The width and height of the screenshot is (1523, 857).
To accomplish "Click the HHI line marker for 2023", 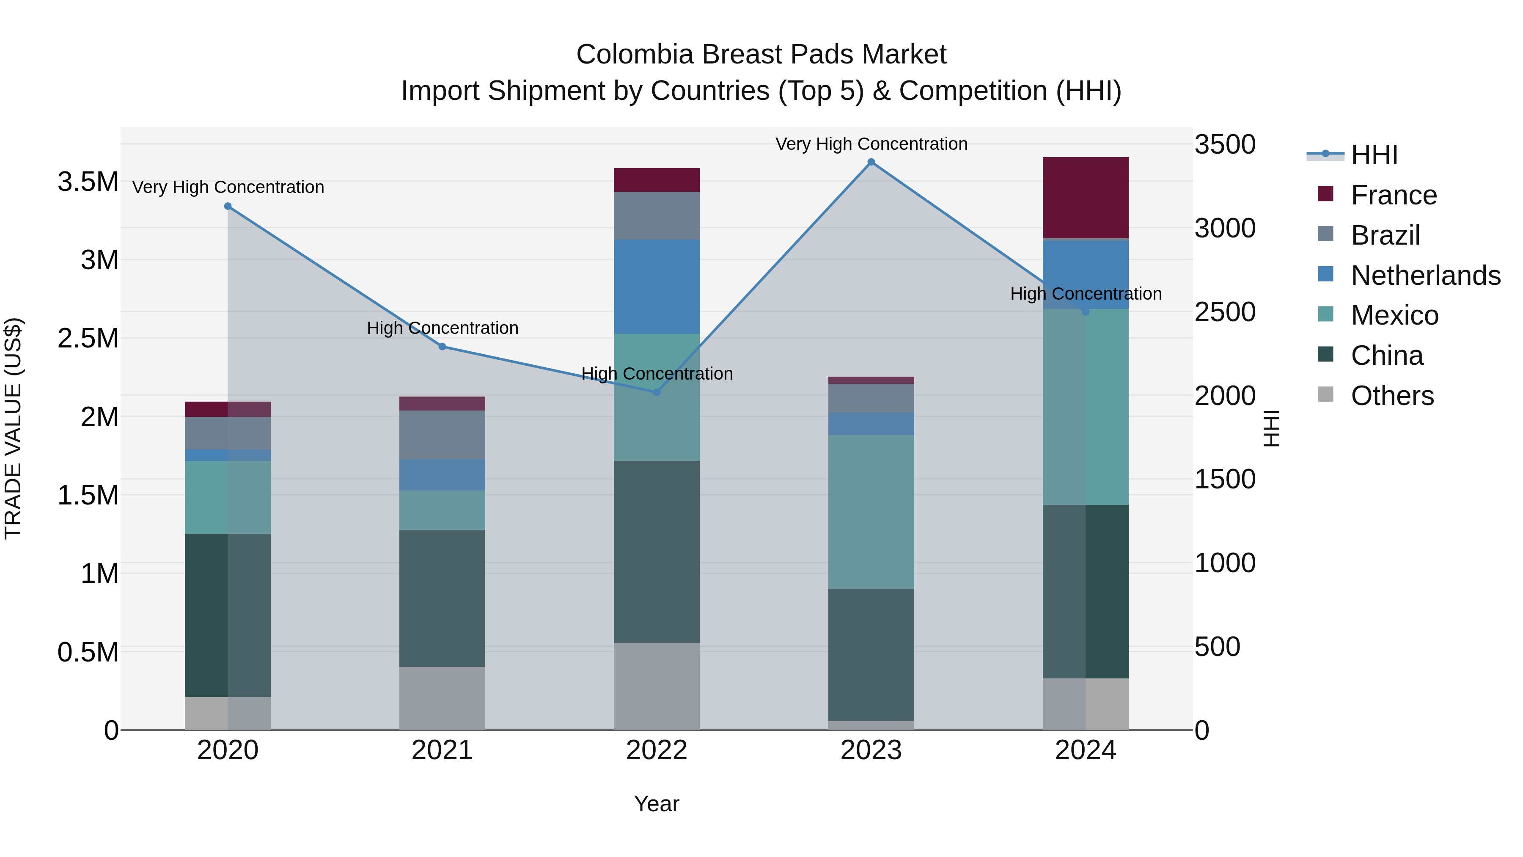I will (871, 162).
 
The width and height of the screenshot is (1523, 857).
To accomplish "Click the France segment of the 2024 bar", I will (1086, 198).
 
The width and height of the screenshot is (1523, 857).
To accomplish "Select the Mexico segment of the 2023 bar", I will (871, 512).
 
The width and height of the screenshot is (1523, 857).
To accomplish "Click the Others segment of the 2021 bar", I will (442, 698).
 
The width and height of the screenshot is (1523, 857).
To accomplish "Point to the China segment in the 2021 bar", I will (442, 598).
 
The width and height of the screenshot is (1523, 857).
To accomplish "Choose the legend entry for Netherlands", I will (1425, 276).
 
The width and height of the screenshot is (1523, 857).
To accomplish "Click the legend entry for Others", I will (1392, 396).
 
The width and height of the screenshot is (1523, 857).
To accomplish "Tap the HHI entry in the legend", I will (1374, 155).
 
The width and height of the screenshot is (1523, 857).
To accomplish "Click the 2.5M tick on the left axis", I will (88, 338).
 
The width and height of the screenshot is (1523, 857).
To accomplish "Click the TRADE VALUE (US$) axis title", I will (13, 428).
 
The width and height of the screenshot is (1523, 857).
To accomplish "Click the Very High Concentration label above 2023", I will (871, 144).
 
